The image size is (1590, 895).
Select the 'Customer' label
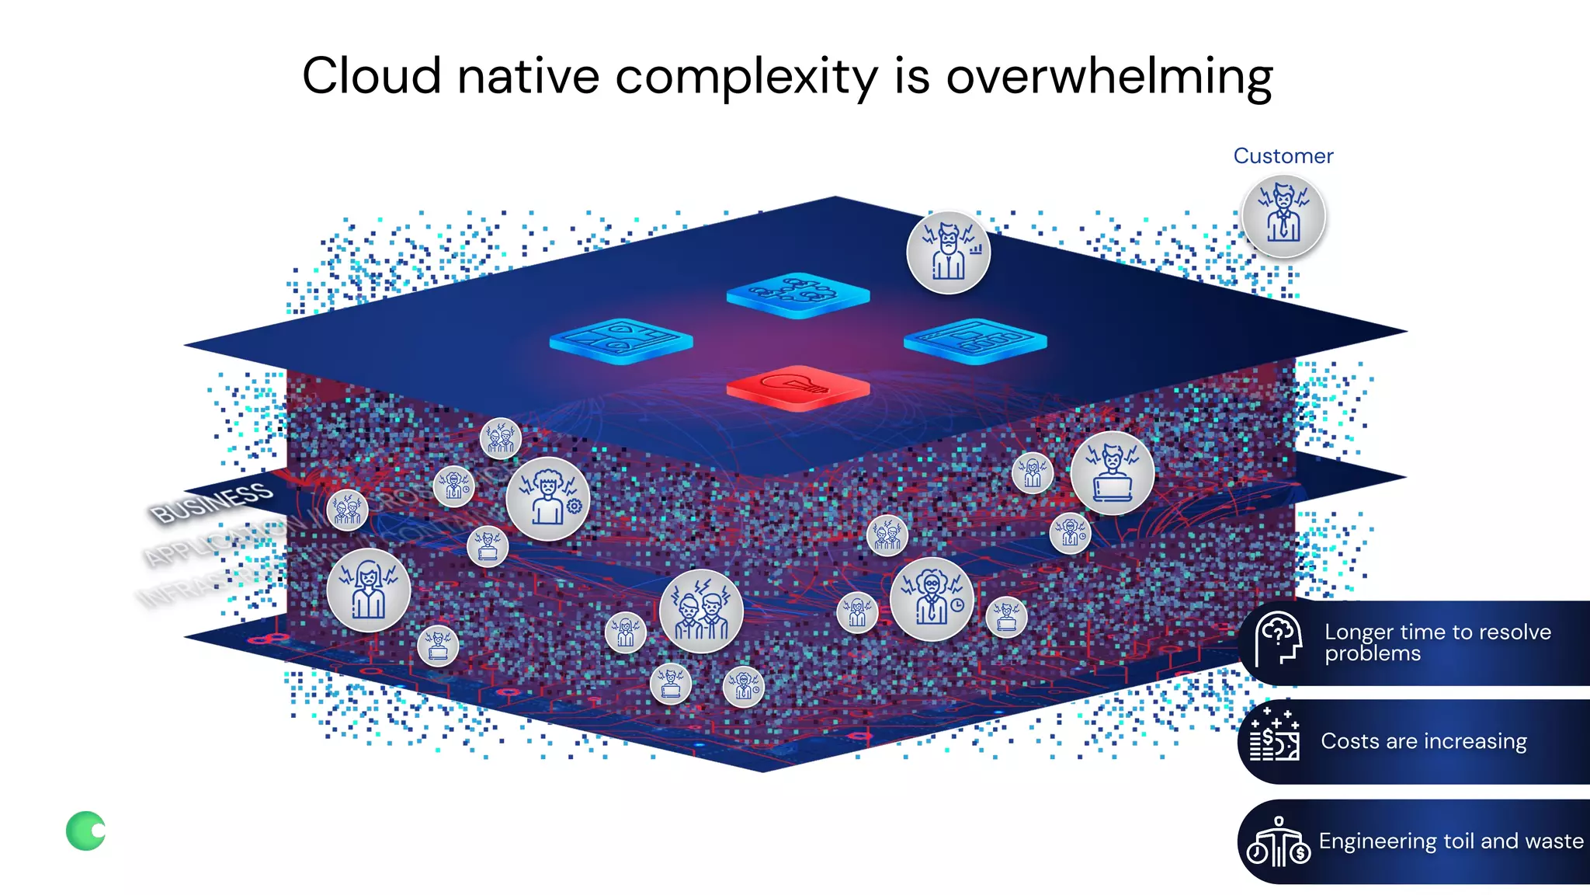(x=1283, y=156)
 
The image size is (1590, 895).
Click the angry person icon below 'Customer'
(x=1283, y=216)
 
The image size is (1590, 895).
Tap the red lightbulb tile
(x=797, y=386)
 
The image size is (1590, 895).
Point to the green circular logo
(x=86, y=831)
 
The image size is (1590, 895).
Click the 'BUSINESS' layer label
(x=211, y=502)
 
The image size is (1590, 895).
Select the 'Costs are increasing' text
(x=1423, y=741)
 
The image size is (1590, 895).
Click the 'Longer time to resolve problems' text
(x=1437, y=643)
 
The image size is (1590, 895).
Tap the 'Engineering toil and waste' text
(x=1450, y=841)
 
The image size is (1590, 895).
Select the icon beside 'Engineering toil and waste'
(x=1278, y=842)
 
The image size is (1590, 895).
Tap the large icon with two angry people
(x=701, y=611)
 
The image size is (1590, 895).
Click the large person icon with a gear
(x=548, y=499)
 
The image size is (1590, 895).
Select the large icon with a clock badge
(x=932, y=598)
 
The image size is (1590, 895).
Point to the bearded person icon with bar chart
(x=948, y=252)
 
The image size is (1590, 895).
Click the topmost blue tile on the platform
(x=797, y=294)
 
